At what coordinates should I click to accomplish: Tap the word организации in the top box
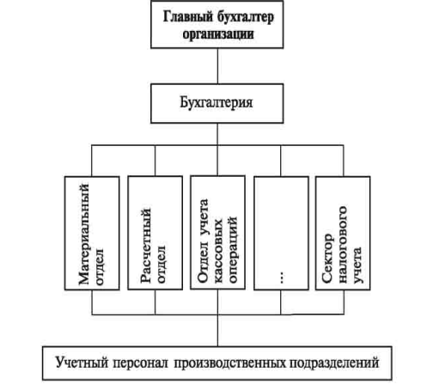point(218,34)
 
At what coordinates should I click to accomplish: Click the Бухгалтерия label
point(216,102)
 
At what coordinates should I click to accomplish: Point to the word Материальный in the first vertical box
point(84,234)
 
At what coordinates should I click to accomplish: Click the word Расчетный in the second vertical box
point(146,246)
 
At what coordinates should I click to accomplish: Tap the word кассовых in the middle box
point(219,251)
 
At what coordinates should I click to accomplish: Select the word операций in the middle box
point(233,249)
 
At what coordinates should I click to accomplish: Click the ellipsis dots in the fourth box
point(282,277)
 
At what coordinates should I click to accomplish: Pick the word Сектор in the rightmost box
point(327,259)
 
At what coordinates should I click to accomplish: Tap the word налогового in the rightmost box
point(343,245)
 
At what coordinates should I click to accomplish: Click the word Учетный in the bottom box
point(82,363)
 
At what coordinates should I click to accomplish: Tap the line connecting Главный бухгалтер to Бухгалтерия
point(217,66)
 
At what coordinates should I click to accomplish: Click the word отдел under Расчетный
point(161,264)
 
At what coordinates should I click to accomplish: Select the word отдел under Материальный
point(100,266)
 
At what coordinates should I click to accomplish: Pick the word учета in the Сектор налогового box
point(357,265)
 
